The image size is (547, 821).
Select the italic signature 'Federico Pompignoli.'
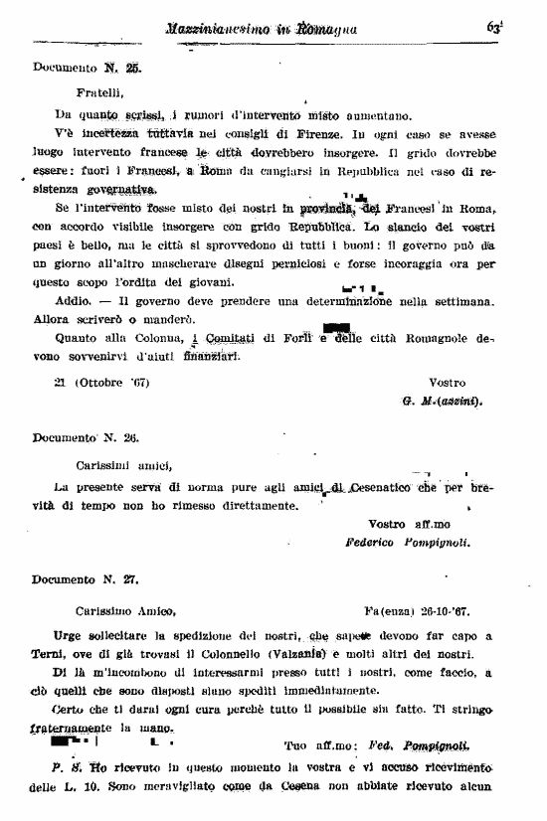[x=407, y=543]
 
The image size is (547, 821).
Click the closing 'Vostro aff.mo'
[x=409, y=524]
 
